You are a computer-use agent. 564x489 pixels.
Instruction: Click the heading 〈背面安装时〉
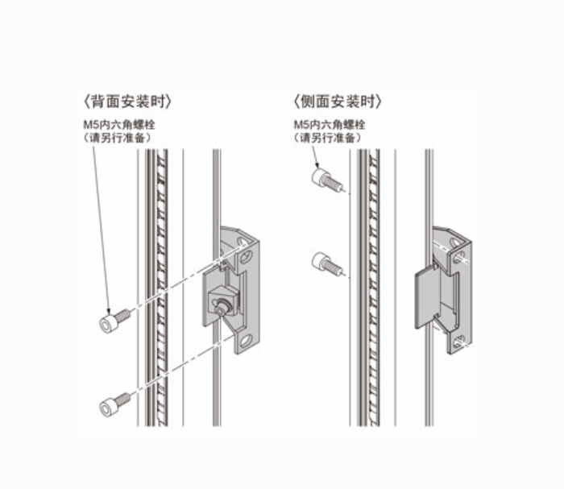tap(127, 102)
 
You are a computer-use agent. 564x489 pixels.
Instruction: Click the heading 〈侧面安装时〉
tap(338, 102)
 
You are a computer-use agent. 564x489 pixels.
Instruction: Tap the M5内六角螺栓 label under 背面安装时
tap(119, 125)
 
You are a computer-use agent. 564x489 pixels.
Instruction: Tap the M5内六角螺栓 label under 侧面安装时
tap(330, 125)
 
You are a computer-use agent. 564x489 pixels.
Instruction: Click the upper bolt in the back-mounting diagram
tap(114, 321)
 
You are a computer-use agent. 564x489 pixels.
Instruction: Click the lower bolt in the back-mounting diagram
tap(114, 405)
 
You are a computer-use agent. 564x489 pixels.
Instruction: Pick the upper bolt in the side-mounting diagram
tap(326, 180)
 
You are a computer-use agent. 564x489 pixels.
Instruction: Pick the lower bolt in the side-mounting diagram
tap(326, 263)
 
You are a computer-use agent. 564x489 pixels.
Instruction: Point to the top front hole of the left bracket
tap(246, 256)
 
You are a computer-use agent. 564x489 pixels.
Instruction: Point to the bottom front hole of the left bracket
tap(246, 340)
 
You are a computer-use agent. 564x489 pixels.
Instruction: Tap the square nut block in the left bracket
tap(223, 301)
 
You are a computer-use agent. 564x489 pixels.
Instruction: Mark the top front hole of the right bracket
tap(458, 258)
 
